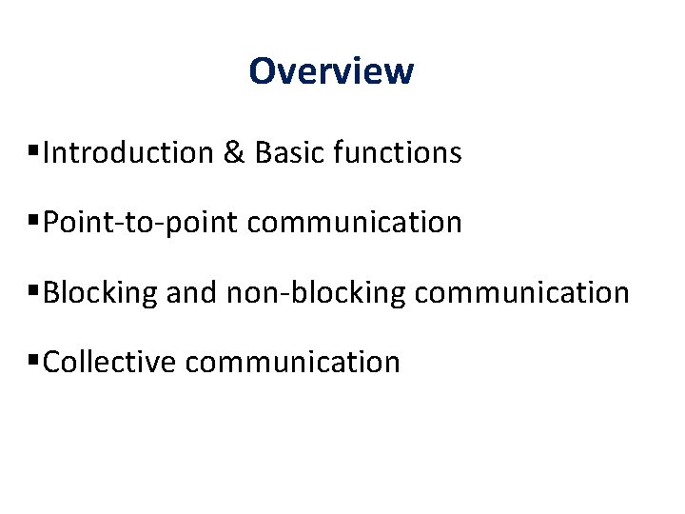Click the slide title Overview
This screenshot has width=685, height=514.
click(331, 71)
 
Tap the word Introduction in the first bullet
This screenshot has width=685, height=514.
click(128, 152)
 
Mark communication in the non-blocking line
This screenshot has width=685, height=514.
click(522, 292)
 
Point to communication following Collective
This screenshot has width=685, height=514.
click(293, 362)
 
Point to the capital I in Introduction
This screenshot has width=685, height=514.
click(48, 152)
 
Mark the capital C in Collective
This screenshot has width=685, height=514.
click(52, 362)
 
